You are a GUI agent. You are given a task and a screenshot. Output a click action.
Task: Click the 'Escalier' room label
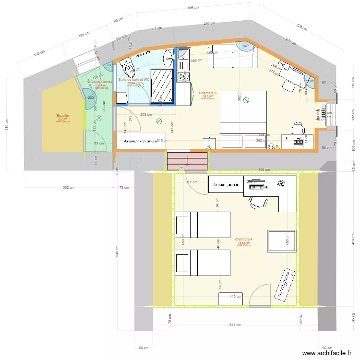[62, 116]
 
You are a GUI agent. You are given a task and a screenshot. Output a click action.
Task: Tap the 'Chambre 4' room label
[244, 239]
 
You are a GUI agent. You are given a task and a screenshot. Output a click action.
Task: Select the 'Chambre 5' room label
[208, 93]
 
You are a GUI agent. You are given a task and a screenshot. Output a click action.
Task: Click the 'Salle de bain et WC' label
[134, 79]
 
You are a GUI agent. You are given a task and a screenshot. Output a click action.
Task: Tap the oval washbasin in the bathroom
[168, 58]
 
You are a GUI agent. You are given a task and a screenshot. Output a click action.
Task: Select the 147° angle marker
[246, 46]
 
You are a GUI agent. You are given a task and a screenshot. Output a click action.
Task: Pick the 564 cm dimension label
[235, 325]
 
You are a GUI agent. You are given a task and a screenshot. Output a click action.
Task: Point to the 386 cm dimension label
[192, 8]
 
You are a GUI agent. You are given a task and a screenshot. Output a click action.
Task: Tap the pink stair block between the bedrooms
[187, 161]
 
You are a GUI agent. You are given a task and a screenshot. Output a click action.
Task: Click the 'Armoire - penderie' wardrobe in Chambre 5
[141, 141]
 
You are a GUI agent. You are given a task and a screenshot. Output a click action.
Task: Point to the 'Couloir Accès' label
[101, 82]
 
